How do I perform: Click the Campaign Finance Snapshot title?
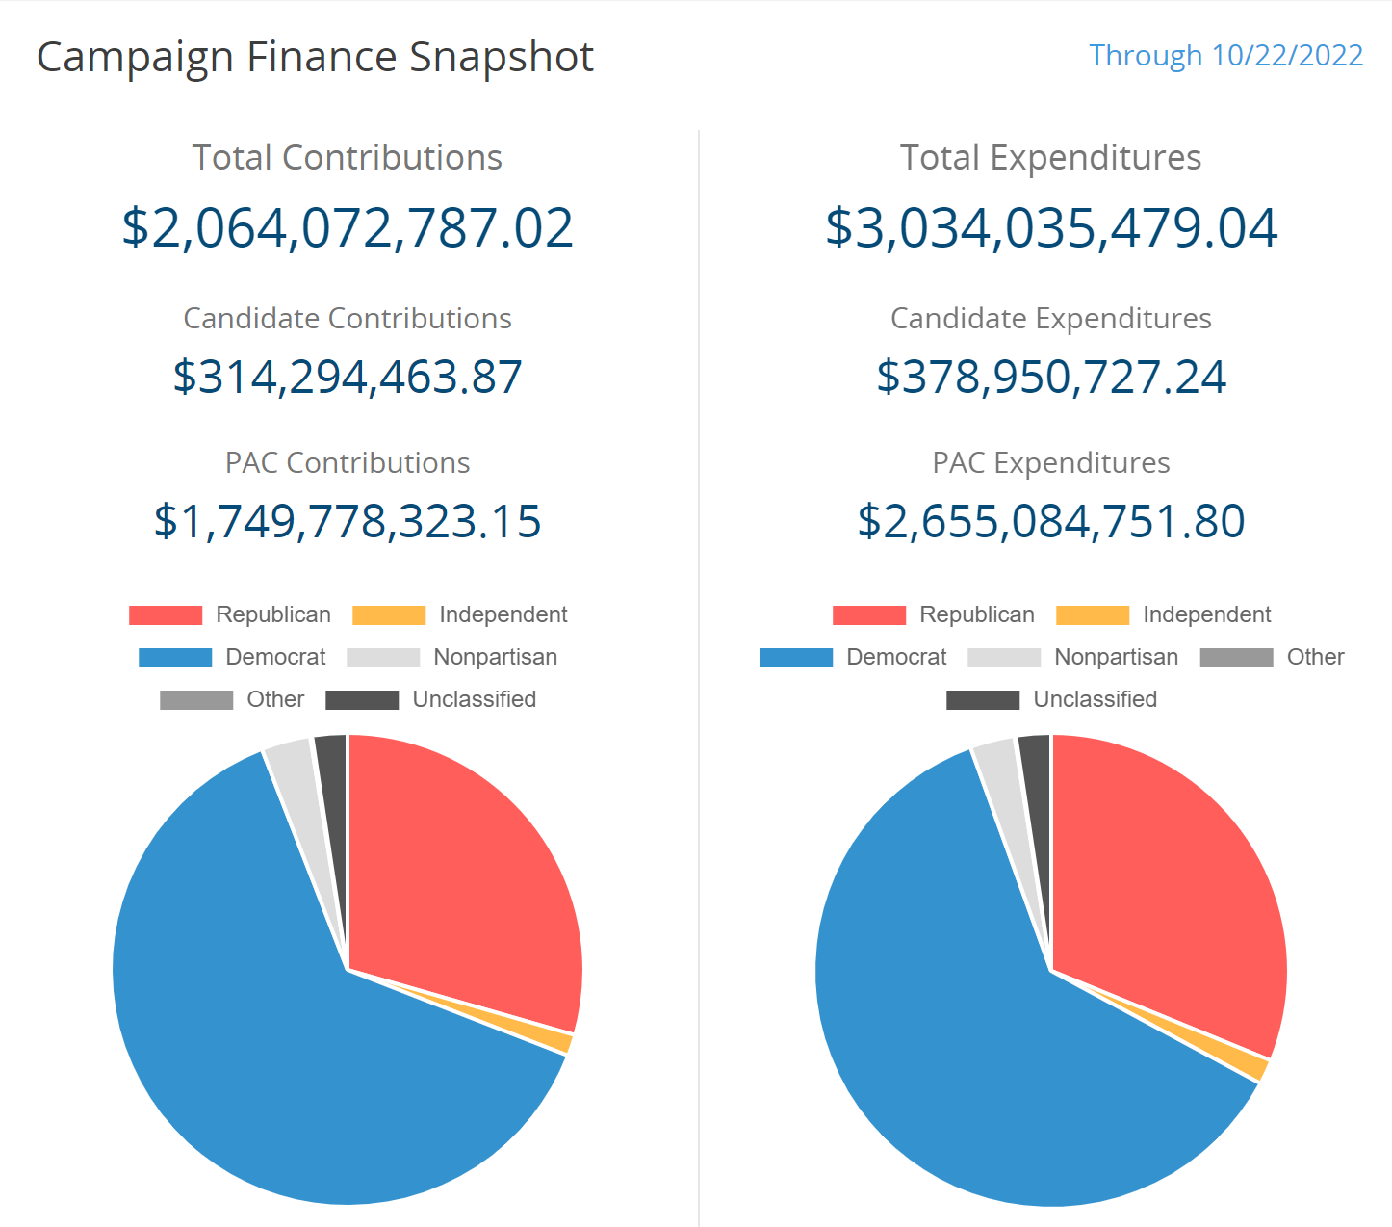point(315,58)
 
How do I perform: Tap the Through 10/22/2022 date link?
point(1225,56)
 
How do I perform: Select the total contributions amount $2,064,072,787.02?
point(348,228)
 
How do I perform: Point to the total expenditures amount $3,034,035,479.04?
point(1051,228)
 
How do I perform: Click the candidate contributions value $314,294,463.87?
point(348,377)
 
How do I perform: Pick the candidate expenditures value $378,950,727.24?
point(1051,377)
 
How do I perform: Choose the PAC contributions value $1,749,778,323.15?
point(348,521)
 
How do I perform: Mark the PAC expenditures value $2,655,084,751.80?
point(1051,521)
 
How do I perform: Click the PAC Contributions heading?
point(348,463)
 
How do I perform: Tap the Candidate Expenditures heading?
point(1051,319)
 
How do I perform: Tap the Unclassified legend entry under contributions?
point(431,700)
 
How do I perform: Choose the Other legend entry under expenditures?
point(1272,657)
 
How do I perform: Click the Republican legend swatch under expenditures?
point(869,615)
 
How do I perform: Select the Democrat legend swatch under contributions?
point(175,658)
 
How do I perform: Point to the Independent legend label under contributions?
point(503,614)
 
